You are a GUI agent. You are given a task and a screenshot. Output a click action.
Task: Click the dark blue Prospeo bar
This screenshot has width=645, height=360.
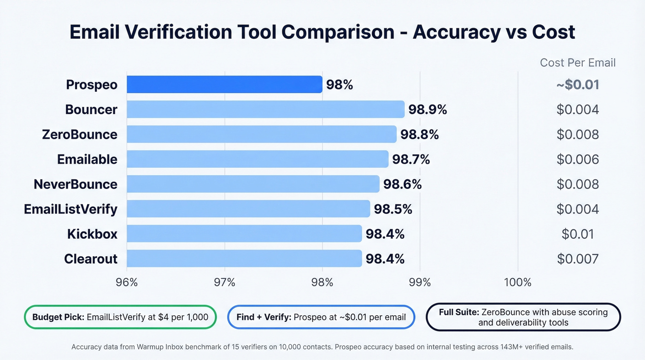(224, 84)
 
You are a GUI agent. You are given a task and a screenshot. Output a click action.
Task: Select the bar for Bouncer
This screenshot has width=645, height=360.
(265, 109)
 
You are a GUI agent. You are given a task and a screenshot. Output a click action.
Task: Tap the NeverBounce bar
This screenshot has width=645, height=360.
(253, 184)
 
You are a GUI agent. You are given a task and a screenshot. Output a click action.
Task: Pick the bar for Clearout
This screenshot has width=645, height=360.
(244, 259)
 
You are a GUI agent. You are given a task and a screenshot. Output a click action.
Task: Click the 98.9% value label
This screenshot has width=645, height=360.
(428, 109)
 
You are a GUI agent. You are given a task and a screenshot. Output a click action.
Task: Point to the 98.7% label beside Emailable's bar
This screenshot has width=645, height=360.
(411, 159)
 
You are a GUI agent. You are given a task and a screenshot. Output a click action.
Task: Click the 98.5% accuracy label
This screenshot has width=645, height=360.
(393, 209)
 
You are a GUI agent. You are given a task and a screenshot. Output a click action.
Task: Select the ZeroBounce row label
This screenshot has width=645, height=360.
(79, 135)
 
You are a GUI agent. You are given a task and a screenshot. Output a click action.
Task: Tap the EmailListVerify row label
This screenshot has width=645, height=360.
(70, 209)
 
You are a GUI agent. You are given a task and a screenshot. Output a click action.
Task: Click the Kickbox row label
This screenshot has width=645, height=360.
(92, 234)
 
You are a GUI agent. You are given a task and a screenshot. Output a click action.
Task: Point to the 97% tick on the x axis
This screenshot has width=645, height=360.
(224, 282)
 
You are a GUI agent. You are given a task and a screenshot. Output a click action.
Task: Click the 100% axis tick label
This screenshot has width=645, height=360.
(518, 282)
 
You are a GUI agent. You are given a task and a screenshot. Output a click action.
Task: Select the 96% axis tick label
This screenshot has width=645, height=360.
(127, 282)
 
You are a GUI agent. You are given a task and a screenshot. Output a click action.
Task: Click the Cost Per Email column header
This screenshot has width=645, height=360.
(578, 63)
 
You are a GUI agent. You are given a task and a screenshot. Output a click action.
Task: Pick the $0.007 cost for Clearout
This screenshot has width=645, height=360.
(578, 259)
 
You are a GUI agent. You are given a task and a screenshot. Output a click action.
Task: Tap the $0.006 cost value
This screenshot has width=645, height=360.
(578, 159)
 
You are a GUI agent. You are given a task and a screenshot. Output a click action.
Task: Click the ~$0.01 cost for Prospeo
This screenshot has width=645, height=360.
(578, 85)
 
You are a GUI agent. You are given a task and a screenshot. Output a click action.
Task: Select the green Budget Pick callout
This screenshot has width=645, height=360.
(120, 317)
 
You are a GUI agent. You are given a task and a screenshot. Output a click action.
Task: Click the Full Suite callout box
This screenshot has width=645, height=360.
(523, 317)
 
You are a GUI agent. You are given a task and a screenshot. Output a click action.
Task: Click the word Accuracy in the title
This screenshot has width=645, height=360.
(456, 32)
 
